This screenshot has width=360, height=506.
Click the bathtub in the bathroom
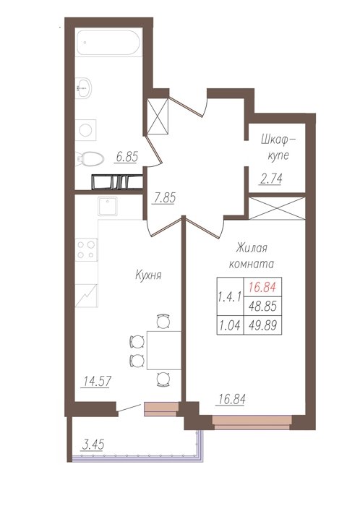108,43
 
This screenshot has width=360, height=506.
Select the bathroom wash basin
84,87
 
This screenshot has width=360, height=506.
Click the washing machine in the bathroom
86,130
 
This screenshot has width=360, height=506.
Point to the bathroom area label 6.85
127,157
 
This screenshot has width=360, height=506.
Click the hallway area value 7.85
165,198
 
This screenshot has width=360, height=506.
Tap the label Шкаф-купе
278,147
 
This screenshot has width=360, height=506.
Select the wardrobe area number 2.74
270,179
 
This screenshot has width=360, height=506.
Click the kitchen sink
108,206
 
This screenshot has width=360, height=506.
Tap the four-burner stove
86,250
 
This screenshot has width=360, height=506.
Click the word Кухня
148,275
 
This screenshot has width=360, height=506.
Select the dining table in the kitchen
164,350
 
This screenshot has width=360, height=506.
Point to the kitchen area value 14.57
97,381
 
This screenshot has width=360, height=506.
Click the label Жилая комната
252,256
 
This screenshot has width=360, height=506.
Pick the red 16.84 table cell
262,287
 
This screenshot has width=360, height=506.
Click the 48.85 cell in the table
262,306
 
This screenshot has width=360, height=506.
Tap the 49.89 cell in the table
262,325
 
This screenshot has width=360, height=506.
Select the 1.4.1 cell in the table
230,296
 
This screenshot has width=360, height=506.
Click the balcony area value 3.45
93,445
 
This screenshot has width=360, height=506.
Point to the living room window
252,422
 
